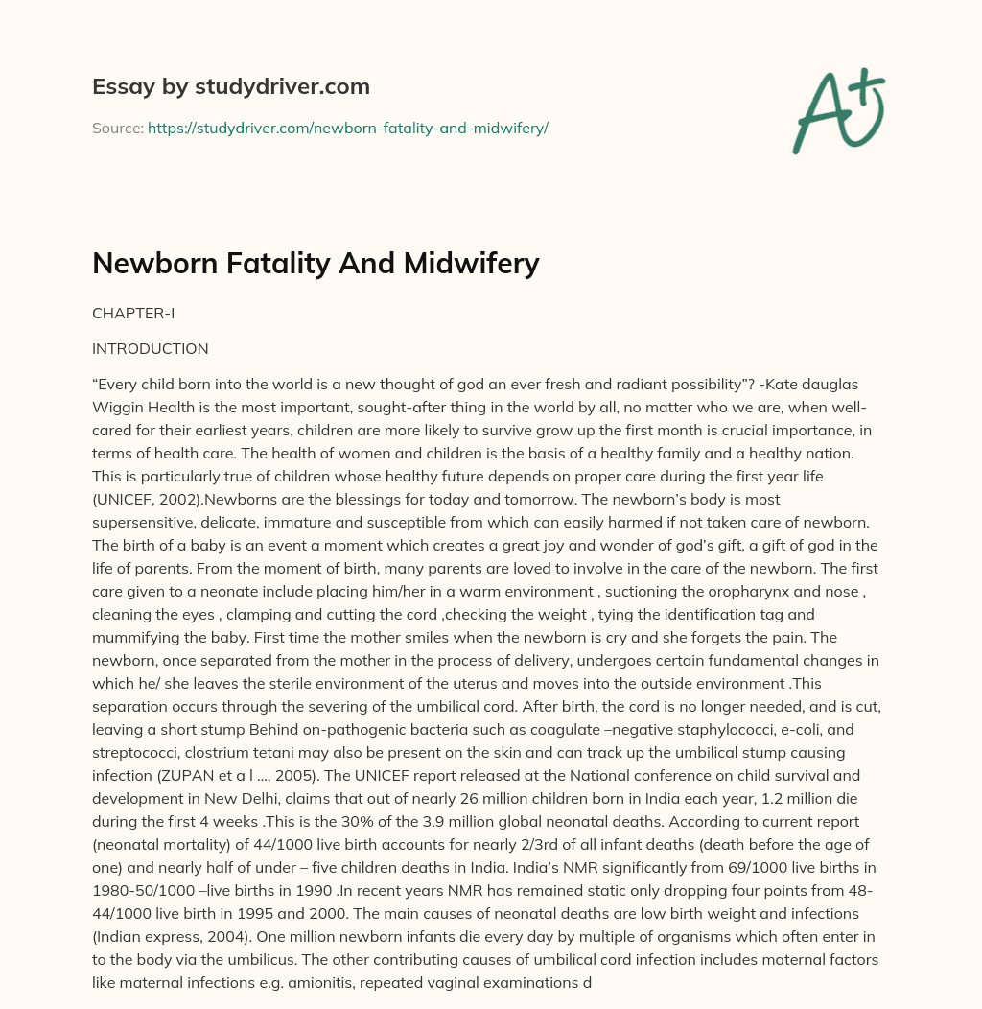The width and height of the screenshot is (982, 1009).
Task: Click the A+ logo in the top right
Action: pyautogui.click(x=839, y=110)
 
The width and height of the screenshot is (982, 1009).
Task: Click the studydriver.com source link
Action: pyautogui.click(x=347, y=128)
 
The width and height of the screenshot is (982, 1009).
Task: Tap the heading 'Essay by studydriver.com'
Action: pyautogui.click(x=230, y=86)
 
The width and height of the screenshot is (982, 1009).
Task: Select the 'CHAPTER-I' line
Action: pyautogui.click(x=133, y=314)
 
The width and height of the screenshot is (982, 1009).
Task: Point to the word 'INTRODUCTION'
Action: pyautogui.click(x=150, y=348)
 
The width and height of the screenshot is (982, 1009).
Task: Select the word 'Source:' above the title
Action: pyautogui.click(x=118, y=128)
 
